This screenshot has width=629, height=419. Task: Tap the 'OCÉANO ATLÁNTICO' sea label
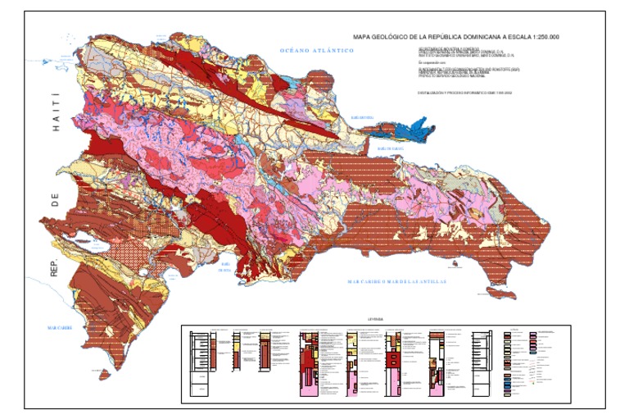click(316, 51)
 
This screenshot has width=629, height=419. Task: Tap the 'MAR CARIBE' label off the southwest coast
click(61, 327)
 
